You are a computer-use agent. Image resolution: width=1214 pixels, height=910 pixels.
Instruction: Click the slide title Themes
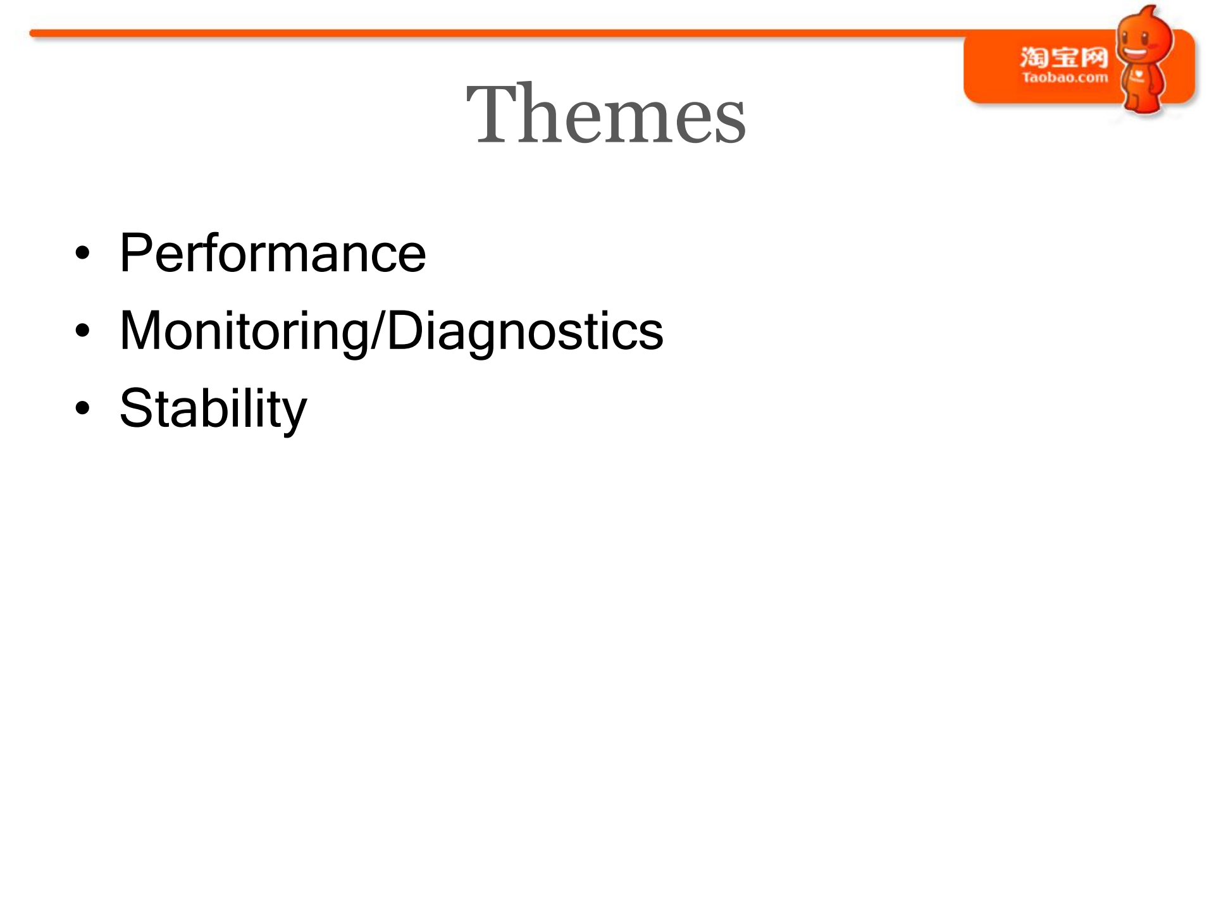point(605,114)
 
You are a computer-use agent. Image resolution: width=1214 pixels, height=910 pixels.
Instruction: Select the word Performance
point(273,253)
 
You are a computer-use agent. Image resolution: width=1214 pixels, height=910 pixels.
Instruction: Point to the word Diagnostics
point(525,331)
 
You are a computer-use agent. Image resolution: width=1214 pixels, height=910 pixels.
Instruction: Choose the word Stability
point(213,409)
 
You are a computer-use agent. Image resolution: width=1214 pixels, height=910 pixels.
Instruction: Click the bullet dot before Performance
point(82,254)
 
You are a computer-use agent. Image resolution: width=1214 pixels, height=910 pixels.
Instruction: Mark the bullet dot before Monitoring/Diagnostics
point(82,331)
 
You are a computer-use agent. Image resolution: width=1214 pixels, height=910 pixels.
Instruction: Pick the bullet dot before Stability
point(82,409)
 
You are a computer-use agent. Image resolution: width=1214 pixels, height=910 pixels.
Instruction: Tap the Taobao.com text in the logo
point(1065,78)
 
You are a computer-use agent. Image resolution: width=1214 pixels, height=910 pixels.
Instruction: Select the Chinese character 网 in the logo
point(1094,58)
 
